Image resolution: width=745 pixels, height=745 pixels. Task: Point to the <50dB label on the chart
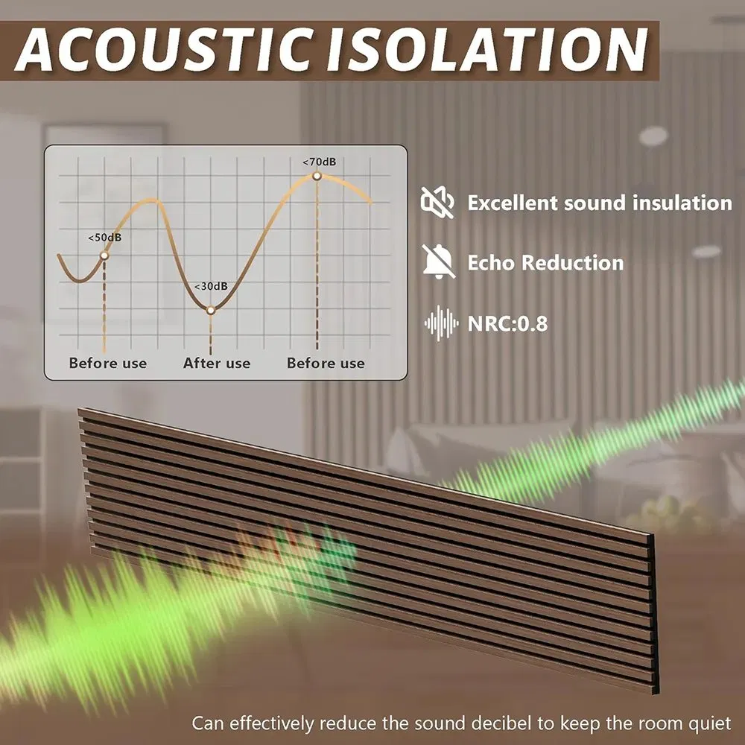point(104,238)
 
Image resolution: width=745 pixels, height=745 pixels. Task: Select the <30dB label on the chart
point(211,287)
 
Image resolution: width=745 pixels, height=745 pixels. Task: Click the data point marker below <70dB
point(317,176)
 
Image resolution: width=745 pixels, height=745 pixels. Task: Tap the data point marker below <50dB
point(104,256)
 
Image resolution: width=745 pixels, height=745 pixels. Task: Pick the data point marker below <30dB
point(211,309)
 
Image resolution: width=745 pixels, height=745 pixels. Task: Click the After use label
point(217,364)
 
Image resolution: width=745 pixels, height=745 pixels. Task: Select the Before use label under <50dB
point(108,364)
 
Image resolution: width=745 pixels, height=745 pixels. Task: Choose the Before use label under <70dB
point(326,364)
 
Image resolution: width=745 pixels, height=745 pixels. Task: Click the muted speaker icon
point(438,202)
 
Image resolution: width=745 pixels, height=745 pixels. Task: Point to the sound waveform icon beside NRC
point(440,323)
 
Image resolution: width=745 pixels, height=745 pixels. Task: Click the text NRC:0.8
point(507,323)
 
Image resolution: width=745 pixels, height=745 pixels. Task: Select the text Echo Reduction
point(545,263)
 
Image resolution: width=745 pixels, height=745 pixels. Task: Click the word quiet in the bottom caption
point(710,723)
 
